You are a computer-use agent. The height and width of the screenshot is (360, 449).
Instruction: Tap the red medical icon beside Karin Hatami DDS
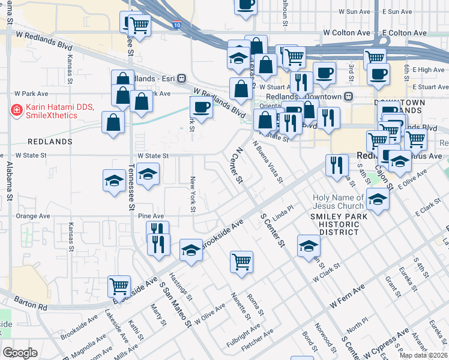[x=16, y=111]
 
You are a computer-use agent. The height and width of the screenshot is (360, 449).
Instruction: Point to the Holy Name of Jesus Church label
[x=338, y=202]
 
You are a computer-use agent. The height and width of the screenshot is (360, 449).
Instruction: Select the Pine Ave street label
[x=151, y=215]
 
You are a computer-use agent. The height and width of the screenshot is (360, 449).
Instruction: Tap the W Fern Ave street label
[x=347, y=298]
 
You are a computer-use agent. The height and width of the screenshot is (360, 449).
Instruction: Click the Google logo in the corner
[x=20, y=352]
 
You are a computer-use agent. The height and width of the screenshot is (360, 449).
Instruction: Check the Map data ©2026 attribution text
[x=423, y=355]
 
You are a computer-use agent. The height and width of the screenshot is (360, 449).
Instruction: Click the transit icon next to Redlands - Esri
[x=182, y=79]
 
